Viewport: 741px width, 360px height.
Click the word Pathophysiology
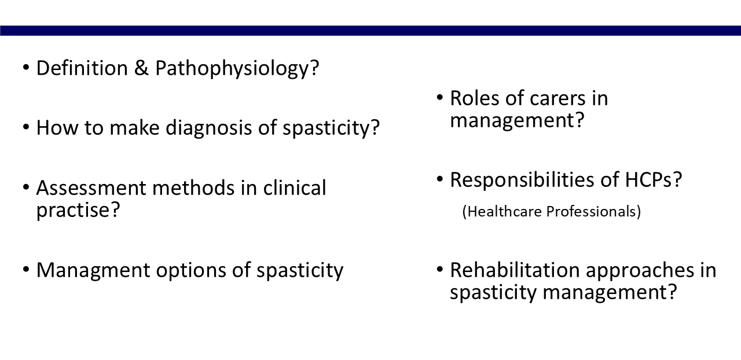(x=233, y=68)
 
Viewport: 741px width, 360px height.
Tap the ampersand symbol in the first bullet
(x=141, y=68)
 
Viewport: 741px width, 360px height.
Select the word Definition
(x=82, y=68)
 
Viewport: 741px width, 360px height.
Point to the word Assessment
(x=91, y=188)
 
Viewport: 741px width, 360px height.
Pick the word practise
(x=74, y=210)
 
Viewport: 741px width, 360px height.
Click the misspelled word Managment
(x=93, y=271)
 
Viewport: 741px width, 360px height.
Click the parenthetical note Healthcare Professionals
(x=552, y=211)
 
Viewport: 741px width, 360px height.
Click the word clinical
(x=295, y=188)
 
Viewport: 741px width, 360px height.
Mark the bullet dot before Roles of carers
(x=439, y=97)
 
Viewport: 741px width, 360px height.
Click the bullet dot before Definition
(x=26, y=67)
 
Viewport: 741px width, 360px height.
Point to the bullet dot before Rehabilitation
(x=439, y=269)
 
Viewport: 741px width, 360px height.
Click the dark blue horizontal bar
(x=370, y=31)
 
